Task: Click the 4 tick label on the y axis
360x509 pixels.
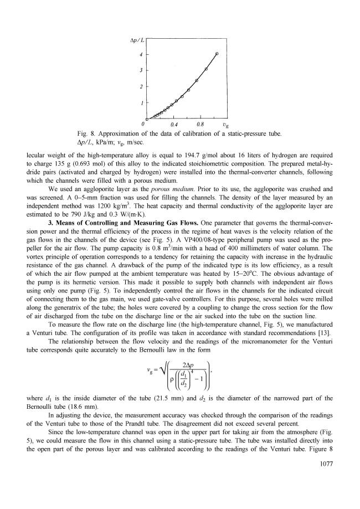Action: [x=141, y=54]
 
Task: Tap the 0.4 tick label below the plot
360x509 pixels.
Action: [x=173, y=125]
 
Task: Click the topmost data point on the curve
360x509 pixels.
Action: [x=217, y=53]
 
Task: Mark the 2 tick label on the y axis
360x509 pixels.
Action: [x=141, y=87]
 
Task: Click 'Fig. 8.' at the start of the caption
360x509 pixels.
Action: [x=88, y=133]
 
